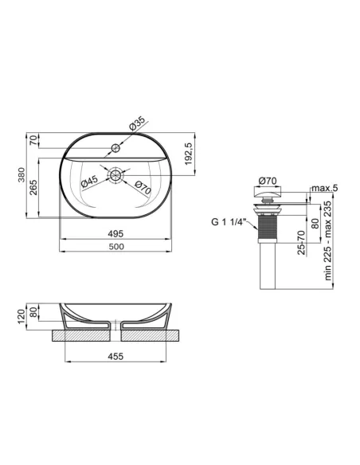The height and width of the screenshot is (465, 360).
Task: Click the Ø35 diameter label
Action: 137,123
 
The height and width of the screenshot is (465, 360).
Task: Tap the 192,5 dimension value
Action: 189,154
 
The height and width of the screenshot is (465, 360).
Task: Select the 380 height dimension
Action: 22,175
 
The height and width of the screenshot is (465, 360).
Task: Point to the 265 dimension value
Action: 34,187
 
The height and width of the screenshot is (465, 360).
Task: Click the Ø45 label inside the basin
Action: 89,182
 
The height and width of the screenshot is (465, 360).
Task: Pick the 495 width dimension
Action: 115,233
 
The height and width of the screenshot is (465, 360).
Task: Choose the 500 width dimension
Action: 116,247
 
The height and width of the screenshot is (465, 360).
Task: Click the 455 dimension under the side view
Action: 115,356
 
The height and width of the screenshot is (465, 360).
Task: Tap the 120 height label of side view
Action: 22,316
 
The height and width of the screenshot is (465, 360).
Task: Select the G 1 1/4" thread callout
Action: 229,222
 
